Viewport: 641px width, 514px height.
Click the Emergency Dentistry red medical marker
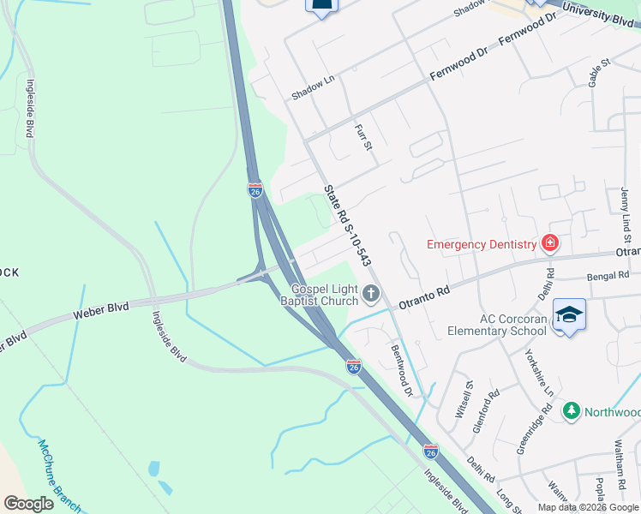(x=549, y=244)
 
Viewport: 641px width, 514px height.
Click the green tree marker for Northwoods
(x=572, y=411)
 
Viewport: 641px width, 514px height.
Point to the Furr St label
(x=363, y=137)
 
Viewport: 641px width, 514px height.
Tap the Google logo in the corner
(x=28, y=504)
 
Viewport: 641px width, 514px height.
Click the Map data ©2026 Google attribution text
(x=588, y=507)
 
